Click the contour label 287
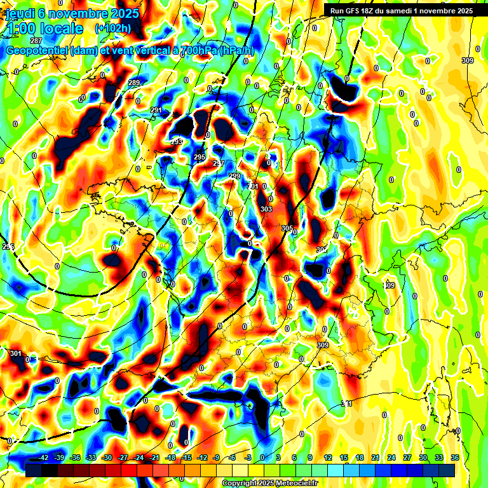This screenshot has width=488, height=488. pyautogui.click(x=36, y=58)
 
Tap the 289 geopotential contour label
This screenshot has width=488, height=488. pyautogui.click(x=134, y=83)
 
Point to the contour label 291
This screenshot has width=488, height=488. pyautogui.click(x=156, y=111)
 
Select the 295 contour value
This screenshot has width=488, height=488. pyautogui.click(x=200, y=157)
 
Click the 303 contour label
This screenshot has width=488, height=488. pyautogui.click(x=266, y=209)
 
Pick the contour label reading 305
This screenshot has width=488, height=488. pyautogui.click(x=287, y=228)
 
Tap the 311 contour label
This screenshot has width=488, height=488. pyautogui.click(x=346, y=403)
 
